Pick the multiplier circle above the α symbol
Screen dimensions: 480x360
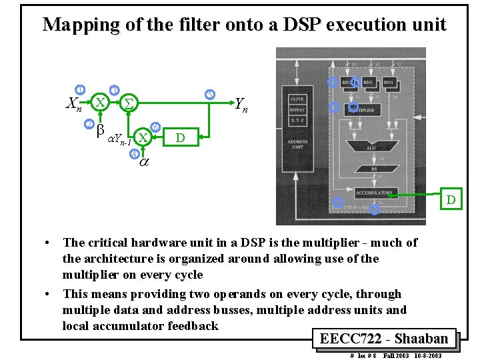(x=142, y=137)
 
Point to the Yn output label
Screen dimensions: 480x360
(x=242, y=103)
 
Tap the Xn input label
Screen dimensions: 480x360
(x=75, y=103)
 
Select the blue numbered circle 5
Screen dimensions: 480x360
(x=209, y=93)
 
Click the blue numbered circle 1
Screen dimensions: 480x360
(x=80, y=90)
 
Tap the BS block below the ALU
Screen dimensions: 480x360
(x=374, y=169)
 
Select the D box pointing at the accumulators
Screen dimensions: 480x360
(x=451, y=199)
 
